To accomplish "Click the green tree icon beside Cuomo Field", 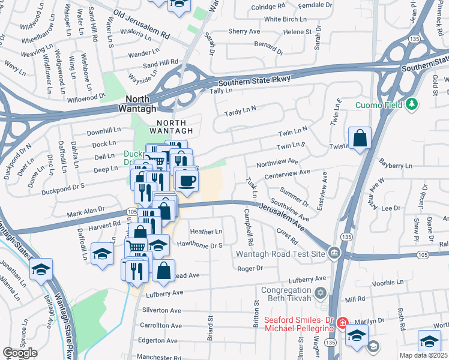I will point(411,105).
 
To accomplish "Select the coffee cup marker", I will point(187,181).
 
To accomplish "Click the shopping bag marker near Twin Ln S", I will point(359,139).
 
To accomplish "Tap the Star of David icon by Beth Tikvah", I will point(321,293).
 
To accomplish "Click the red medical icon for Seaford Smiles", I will point(342,323).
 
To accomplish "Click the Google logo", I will point(20,353).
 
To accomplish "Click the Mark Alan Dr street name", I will point(86,213).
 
